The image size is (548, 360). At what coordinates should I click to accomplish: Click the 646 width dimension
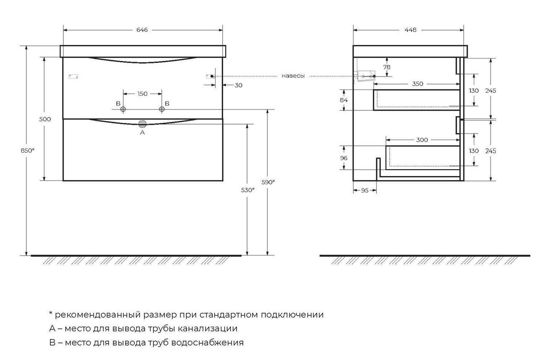(142, 30)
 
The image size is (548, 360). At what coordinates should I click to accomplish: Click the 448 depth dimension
(410, 30)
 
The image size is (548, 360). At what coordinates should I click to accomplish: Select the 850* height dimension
(27, 151)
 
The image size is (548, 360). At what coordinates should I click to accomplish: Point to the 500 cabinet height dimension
(45, 119)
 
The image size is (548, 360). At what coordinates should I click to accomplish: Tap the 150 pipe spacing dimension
(142, 94)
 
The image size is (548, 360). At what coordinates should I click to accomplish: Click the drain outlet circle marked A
(143, 124)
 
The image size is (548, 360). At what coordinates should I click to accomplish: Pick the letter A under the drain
(142, 133)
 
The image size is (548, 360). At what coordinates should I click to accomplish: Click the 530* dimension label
(247, 190)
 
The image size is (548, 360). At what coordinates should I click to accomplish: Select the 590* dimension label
(268, 182)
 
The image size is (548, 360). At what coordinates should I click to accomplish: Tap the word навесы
(293, 76)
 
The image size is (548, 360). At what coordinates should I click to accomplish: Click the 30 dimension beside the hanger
(238, 85)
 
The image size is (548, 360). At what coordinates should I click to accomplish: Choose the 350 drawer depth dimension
(418, 84)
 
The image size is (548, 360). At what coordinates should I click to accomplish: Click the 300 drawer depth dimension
(422, 140)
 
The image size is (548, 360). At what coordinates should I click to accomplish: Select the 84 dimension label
(344, 100)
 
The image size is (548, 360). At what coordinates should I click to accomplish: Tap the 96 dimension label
(344, 158)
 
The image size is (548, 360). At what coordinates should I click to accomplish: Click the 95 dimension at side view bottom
(364, 190)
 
